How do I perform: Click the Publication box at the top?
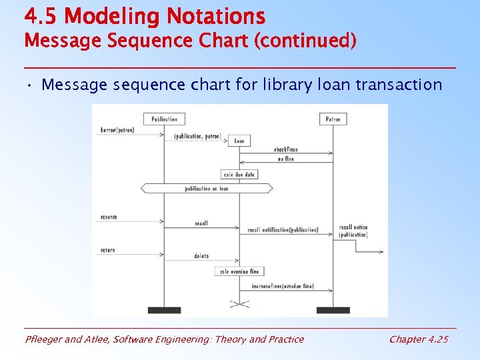coord(164,119)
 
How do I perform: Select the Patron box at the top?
coord(333,119)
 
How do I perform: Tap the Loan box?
coord(239,141)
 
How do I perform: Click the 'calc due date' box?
coord(239,174)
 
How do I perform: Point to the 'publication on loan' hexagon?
coord(207,189)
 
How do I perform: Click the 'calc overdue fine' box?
coord(239,271)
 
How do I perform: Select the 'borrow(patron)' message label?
coord(117,130)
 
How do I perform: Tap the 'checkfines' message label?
coord(285,149)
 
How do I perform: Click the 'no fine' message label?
coord(285,159)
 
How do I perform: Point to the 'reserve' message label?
coord(109,217)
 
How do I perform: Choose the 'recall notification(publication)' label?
coord(283,231)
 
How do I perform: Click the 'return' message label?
coord(107,250)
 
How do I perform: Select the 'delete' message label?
coord(201,256)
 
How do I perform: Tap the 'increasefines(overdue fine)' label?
coord(283,285)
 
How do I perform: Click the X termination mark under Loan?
coord(239,303)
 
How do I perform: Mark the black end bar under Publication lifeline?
coord(164,310)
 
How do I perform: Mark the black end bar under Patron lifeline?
coord(333,310)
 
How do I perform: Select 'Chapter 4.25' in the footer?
coord(419,339)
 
